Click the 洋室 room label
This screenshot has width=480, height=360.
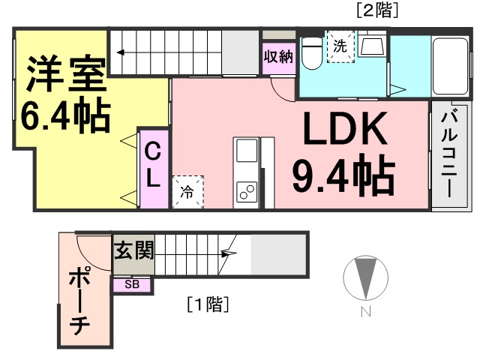tap(66, 73)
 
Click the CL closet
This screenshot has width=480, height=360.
tap(154, 169)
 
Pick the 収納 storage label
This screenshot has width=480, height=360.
tap(278, 57)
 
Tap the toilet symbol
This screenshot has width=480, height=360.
tap(312, 53)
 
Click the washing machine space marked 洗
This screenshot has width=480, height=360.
tap(340, 46)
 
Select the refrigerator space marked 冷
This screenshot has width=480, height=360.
tap(187, 192)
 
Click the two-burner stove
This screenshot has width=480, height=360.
tap(247, 192)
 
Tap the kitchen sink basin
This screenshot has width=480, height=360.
tap(247, 151)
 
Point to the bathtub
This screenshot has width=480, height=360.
tap(451, 67)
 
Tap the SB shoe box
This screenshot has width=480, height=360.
tap(132, 285)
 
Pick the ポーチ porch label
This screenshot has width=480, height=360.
tap(79, 302)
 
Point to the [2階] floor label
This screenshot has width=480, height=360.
tap(377, 11)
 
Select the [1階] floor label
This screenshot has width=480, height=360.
tap(208, 304)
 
